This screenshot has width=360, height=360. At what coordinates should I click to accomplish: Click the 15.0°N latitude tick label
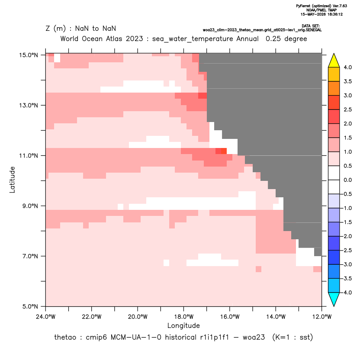tap(29, 55)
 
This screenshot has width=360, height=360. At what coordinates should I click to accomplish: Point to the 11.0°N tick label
tap(29, 156)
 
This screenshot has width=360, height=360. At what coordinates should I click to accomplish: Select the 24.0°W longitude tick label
tap(46, 317)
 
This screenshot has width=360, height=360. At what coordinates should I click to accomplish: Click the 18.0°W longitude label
tap(183, 317)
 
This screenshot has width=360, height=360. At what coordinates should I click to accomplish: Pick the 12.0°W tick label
tap(322, 317)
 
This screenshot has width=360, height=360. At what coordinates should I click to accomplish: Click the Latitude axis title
tap(12, 180)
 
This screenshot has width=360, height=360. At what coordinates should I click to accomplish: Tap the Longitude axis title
tap(183, 325)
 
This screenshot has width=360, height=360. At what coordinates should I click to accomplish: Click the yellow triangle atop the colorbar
tap(334, 61)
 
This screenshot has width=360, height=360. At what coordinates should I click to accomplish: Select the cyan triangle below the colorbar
tap(334, 299)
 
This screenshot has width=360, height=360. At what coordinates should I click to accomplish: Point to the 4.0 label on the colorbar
tap(347, 67)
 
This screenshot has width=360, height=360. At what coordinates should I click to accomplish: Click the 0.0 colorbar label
tap(347, 180)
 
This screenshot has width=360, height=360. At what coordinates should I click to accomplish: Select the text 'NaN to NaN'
tap(96, 29)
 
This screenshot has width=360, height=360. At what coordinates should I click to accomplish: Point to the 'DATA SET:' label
tap(311, 26)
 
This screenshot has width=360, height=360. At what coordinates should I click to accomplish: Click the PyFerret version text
tap(321, 6)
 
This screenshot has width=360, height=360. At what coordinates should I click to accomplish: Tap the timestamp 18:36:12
tap(335, 14)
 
